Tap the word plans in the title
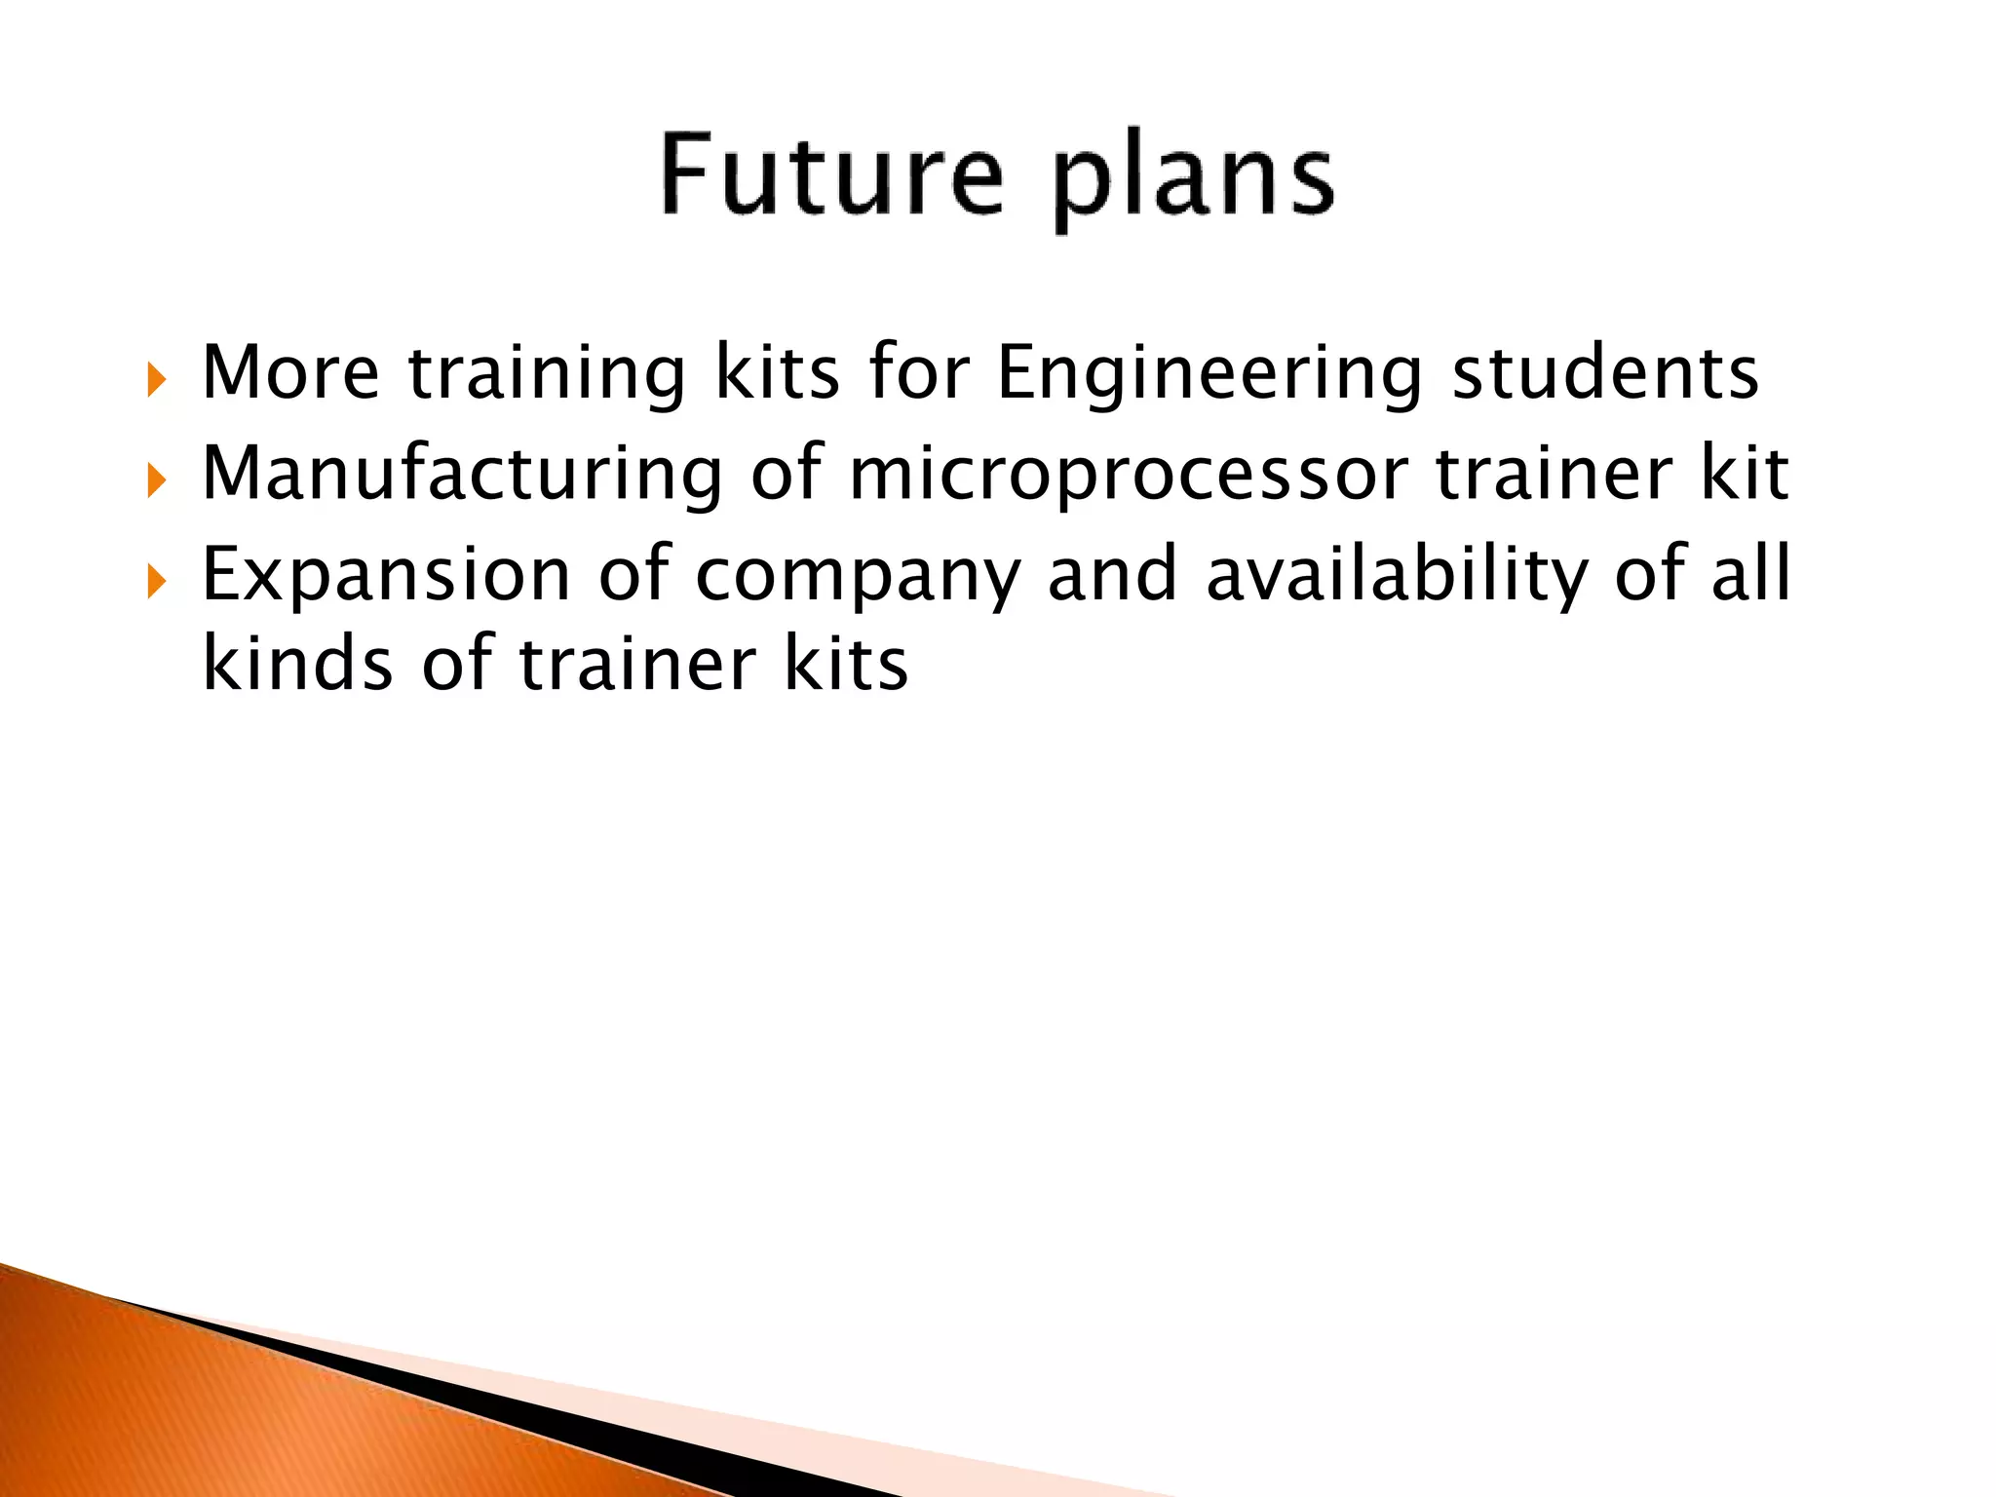point(1193,180)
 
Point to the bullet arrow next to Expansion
point(156,582)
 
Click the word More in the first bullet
point(290,372)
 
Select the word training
point(547,375)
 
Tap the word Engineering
point(1209,375)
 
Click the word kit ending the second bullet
point(1745,473)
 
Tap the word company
point(858,577)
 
